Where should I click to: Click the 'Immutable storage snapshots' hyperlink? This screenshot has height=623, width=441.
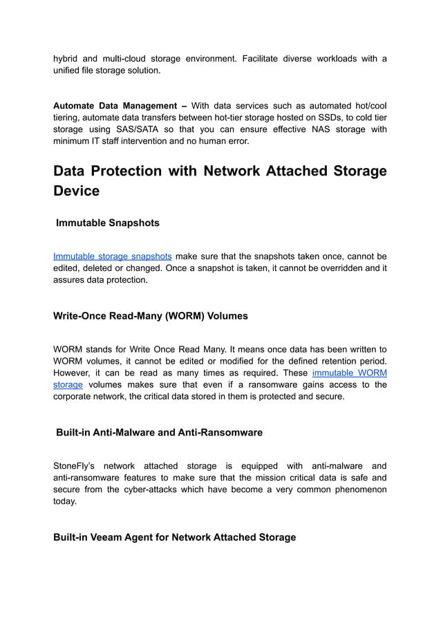coord(112,256)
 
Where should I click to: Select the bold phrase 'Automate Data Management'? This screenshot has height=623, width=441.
coord(115,106)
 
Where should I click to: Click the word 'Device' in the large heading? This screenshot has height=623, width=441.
coord(76,191)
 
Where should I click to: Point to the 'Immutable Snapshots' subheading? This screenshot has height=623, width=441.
coord(107,223)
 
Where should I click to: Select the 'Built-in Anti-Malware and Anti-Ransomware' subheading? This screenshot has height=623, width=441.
coord(159,432)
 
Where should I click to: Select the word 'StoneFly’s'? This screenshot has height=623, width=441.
coord(77,466)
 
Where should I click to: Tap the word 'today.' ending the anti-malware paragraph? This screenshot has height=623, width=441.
coord(65,501)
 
